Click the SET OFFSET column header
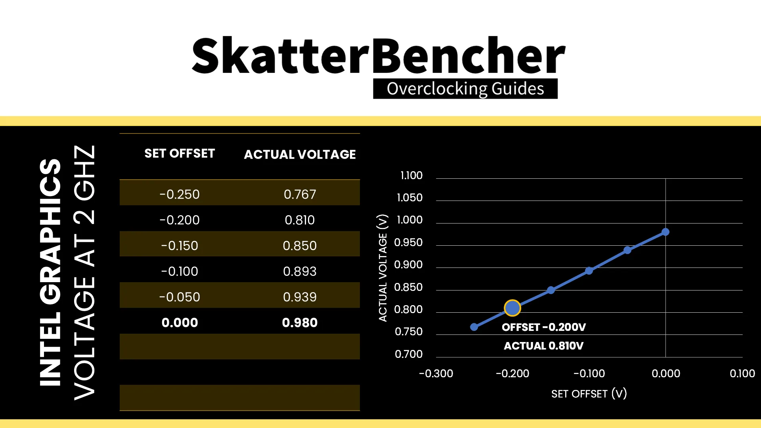tap(180, 153)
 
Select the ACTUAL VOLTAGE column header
tap(300, 154)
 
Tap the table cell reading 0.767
tap(300, 194)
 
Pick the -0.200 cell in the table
tap(180, 220)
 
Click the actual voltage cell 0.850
tap(300, 246)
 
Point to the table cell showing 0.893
tap(300, 271)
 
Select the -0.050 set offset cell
tap(180, 297)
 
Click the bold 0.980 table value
tap(300, 323)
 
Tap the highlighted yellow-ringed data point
tap(512, 308)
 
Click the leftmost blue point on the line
tap(474, 327)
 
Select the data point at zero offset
tap(665, 232)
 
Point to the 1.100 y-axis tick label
tap(411, 175)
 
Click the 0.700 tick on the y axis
tap(409, 354)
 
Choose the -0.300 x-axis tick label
tap(436, 373)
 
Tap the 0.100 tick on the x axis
tap(742, 373)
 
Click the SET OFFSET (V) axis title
tap(589, 394)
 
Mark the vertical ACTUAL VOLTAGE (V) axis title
tap(382, 268)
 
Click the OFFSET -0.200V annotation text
tap(544, 327)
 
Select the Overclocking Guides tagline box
tap(465, 88)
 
